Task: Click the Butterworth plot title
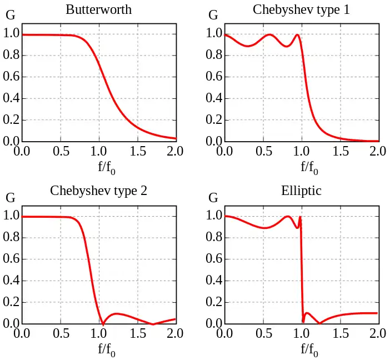pos(98,9)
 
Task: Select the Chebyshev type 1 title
pos(301,9)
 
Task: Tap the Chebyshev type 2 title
pos(98,191)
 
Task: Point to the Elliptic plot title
pos(301,191)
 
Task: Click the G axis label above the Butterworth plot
pos(10,16)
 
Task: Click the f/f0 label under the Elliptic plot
pos(309,349)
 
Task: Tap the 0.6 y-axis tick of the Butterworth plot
pos(11,77)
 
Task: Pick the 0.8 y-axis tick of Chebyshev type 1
pos(214,56)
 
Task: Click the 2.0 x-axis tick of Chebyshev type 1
pos(378,151)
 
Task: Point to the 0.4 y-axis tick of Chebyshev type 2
pos(11,281)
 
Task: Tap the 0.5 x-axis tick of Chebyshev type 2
pos(60,333)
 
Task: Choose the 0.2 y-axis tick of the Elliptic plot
pos(214,302)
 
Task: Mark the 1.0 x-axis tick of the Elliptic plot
pos(301,333)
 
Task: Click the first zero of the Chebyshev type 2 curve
pos(103,323)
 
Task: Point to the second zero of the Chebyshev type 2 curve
pos(153,323)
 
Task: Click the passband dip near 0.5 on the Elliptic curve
pos(266,228)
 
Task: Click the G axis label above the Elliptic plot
pos(213,197)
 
